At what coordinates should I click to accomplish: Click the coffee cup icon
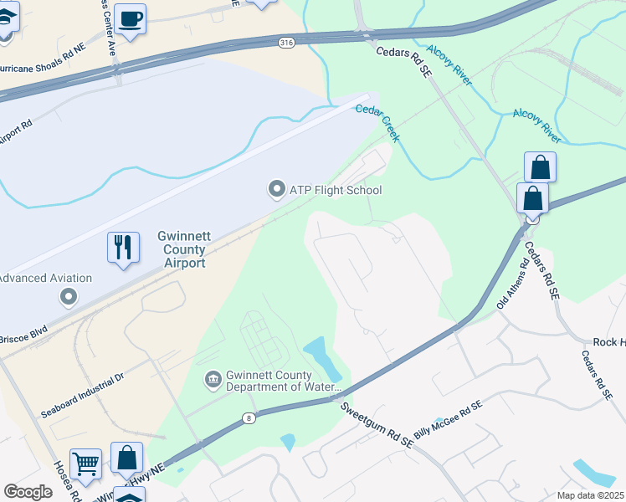tap(130, 18)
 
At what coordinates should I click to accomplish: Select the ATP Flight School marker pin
tap(276, 190)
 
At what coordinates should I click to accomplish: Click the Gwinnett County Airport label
tap(181, 250)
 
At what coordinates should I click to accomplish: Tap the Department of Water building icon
tap(213, 380)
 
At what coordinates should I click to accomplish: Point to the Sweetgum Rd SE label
tap(377, 423)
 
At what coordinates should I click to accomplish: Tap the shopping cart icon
tap(85, 461)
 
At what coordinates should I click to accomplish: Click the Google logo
tap(28, 492)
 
